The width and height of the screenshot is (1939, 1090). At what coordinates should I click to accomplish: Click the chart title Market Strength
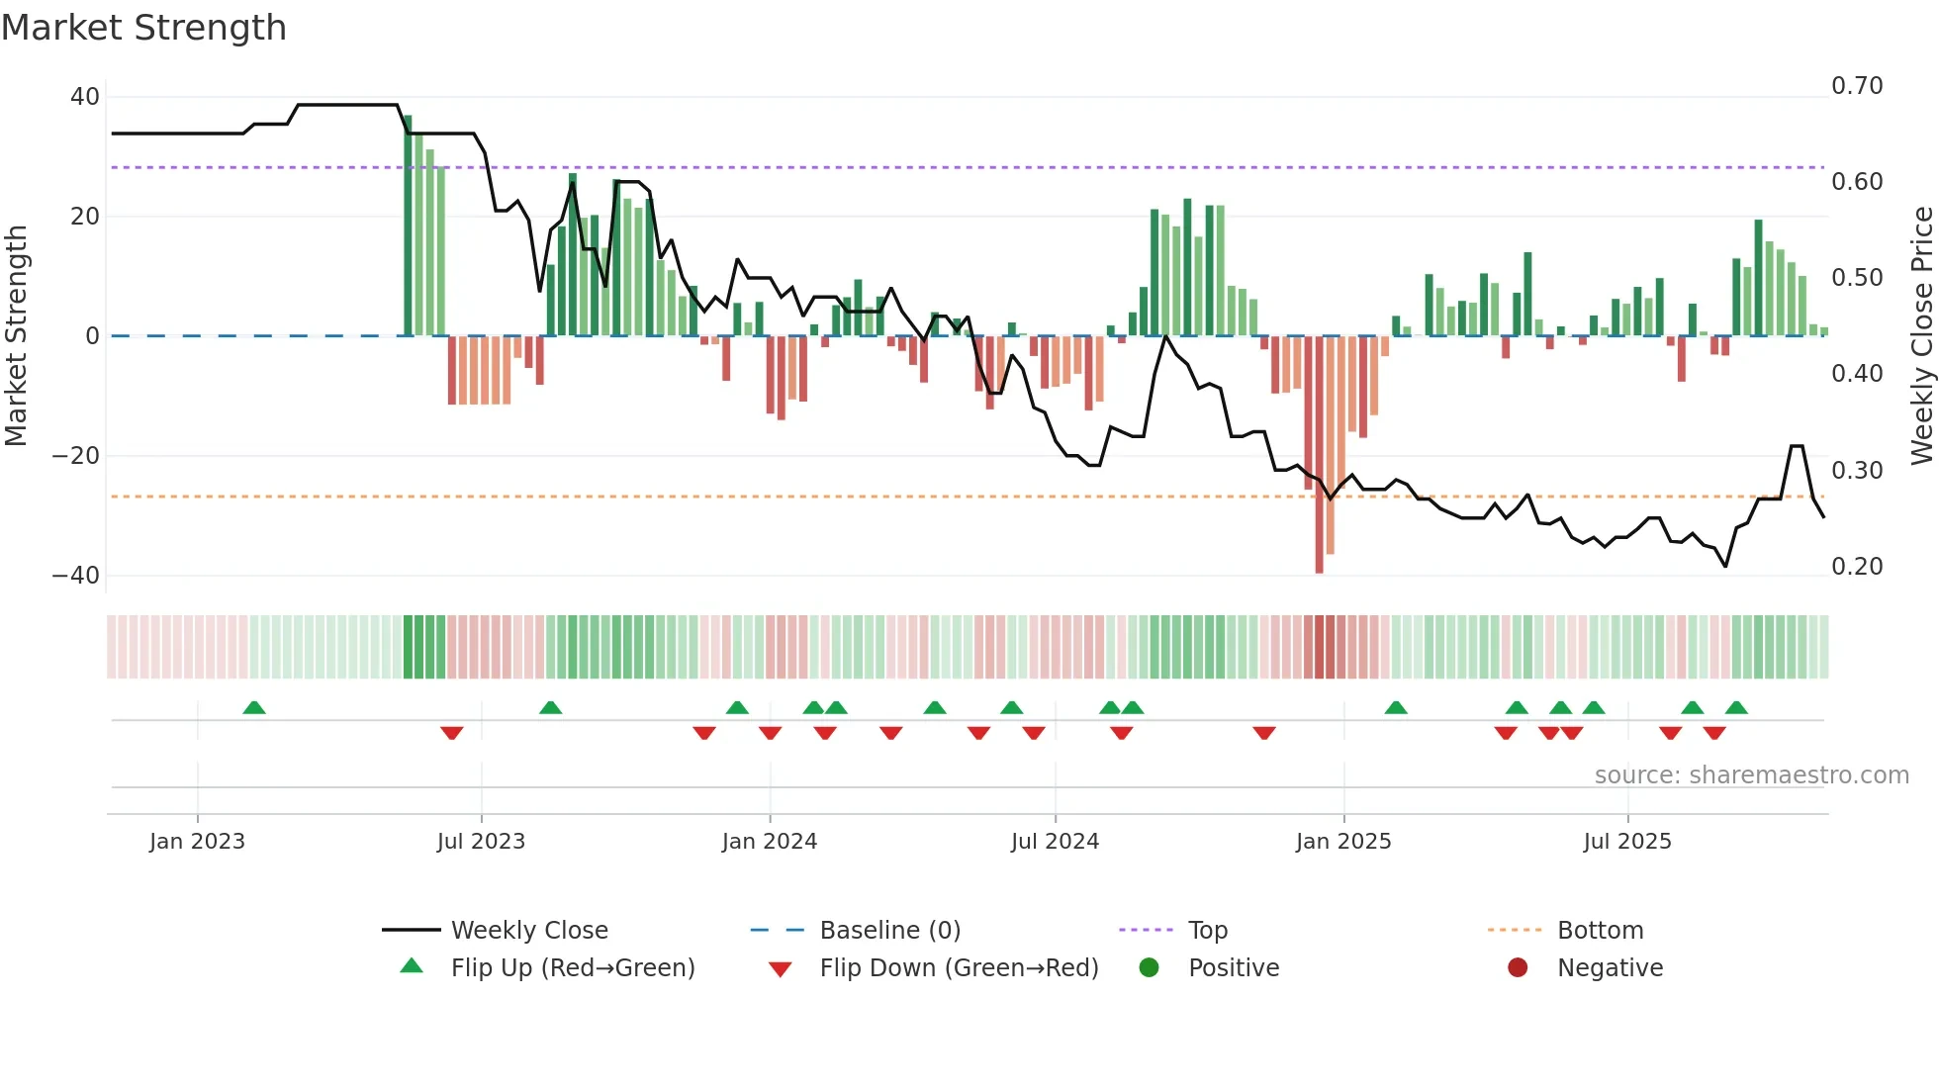(143, 28)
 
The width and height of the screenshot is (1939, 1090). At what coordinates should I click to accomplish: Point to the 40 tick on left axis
(84, 97)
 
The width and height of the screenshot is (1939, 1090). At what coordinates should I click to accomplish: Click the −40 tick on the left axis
(76, 576)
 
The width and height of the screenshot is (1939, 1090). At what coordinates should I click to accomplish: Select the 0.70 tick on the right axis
(1857, 86)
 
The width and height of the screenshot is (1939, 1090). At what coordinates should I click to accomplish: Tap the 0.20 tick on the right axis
(1857, 567)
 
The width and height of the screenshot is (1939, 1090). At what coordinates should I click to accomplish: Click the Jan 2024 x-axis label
(769, 842)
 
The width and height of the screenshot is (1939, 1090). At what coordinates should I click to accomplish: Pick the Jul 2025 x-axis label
(1626, 842)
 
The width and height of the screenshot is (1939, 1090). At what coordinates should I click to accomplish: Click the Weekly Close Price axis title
(1921, 336)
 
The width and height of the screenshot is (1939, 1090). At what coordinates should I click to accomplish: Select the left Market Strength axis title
(16, 336)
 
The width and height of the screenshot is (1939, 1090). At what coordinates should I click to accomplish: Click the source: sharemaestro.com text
(1751, 775)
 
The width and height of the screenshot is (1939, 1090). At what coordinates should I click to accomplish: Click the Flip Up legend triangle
(412, 966)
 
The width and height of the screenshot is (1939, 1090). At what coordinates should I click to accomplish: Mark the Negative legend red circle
(1518, 967)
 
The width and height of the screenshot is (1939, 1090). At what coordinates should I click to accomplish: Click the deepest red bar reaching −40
(1319, 455)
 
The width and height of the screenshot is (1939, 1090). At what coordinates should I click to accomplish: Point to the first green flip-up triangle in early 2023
(254, 707)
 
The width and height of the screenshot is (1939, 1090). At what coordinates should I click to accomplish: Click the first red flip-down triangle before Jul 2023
(451, 733)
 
